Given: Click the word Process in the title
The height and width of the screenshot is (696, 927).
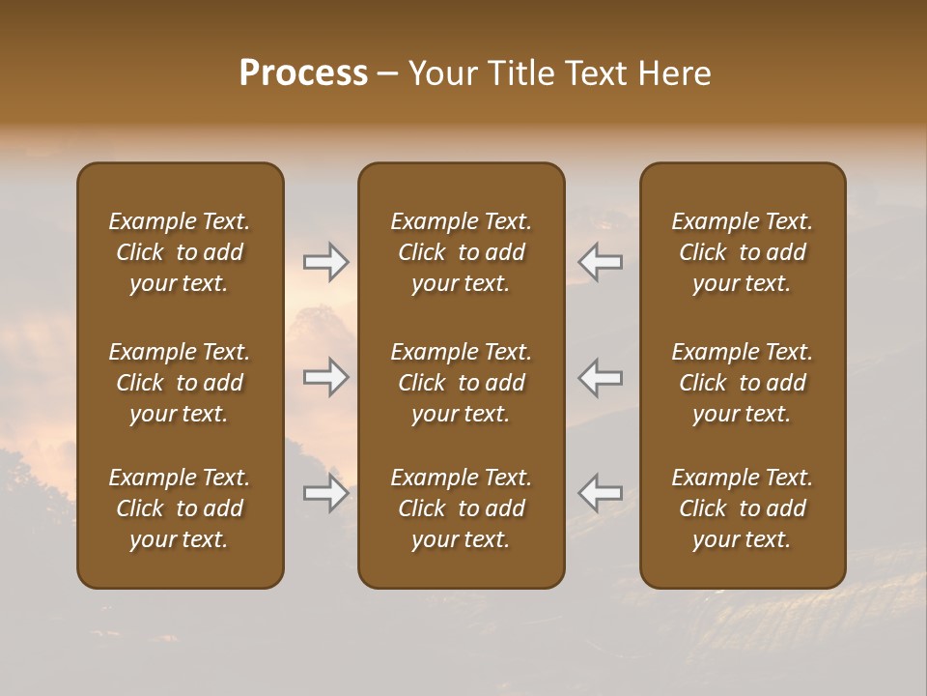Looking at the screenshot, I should tap(303, 73).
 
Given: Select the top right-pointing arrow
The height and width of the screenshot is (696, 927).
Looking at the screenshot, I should tap(326, 262).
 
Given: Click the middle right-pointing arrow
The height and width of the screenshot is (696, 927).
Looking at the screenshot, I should tap(326, 377).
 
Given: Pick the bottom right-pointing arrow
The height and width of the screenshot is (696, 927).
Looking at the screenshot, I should tap(326, 493).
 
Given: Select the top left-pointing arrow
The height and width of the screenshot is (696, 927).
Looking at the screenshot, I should tap(601, 262).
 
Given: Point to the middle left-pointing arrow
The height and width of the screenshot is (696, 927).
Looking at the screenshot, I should tap(601, 377).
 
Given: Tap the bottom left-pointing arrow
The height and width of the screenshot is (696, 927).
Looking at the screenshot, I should tap(601, 493).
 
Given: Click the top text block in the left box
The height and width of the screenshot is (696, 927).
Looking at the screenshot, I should tap(180, 252).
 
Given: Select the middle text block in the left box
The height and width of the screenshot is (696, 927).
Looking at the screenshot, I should tap(180, 383).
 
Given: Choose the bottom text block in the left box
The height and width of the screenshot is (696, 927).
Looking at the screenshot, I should tap(180, 508).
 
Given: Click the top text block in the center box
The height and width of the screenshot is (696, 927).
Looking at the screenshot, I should tap(462, 252).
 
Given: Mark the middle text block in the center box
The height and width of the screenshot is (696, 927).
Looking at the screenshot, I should tap(462, 383).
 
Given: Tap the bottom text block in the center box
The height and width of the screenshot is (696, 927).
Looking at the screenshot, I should tap(462, 508).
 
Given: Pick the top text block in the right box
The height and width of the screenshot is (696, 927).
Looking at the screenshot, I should tap(743, 252).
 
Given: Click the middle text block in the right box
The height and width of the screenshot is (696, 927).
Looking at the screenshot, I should tap(743, 383).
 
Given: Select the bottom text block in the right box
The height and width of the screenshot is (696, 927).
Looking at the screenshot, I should tap(743, 508).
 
